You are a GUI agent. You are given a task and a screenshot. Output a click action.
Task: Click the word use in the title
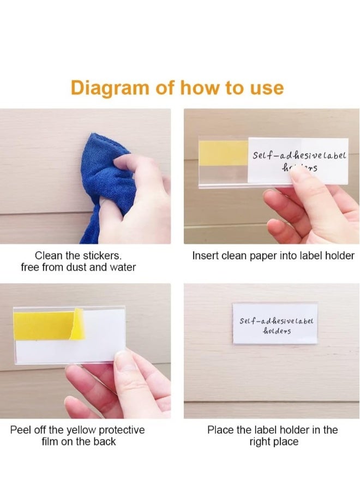(x=266, y=87)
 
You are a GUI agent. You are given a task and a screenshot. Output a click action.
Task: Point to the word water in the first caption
(x=122, y=267)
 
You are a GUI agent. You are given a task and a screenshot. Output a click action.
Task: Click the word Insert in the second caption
(x=205, y=255)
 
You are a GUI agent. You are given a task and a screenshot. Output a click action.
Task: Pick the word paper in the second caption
(x=261, y=255)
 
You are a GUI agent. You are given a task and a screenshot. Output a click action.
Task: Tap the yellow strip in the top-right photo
(x=224, y=151)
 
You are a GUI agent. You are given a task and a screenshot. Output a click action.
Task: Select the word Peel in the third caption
(x=20, y=430)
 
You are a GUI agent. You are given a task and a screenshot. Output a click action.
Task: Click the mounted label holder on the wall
(x=274, y=324)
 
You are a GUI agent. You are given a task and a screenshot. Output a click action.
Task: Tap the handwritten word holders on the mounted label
(x=277, y=330)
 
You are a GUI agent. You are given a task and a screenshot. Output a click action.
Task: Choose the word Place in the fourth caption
(x=220, y=430)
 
